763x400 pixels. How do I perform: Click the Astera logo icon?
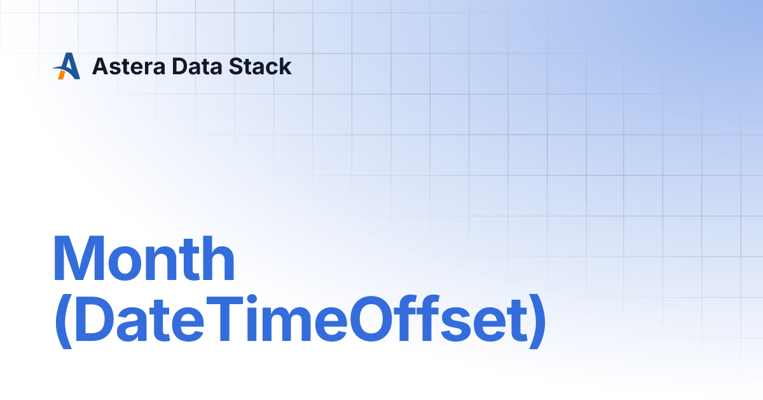(x=67, y=66)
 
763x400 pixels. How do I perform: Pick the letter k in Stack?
(x=285, y=66)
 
